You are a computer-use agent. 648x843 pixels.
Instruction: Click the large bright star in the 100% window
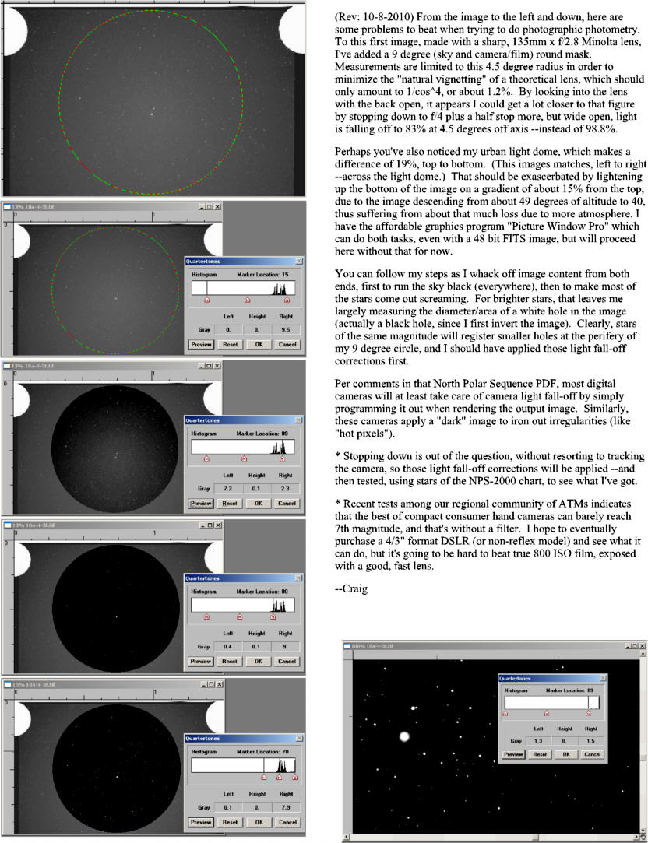pos(404,736)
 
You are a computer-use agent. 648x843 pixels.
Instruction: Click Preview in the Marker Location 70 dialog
pos(200,821)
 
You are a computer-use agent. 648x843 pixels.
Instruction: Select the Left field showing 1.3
pos(537,740)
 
